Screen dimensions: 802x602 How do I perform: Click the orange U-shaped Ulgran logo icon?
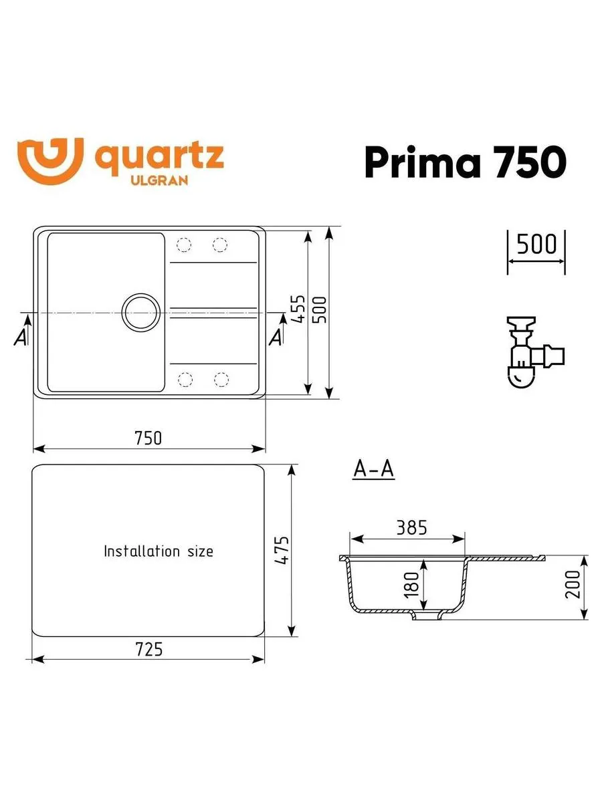[x=50, y=160]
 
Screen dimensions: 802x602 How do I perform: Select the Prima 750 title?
[x=465, y=162]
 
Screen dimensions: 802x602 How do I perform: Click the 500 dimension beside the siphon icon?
[x=536, y=245]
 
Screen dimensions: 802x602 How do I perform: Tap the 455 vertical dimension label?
[x=298, y=309]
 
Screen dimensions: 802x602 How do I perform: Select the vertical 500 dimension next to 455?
[x=322, y=309]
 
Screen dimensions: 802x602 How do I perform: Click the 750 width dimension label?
[x=148, y=438]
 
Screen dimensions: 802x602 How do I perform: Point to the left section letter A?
[x=21, y=338]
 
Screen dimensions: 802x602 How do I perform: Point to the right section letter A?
[x=275, y=338]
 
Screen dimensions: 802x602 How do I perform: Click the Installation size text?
[x=159, y=551]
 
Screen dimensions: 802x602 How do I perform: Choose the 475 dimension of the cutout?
[x=282, y=550]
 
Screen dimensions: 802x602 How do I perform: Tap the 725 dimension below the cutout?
[x=148, y=649]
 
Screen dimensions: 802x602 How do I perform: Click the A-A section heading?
[x=373, y=470]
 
